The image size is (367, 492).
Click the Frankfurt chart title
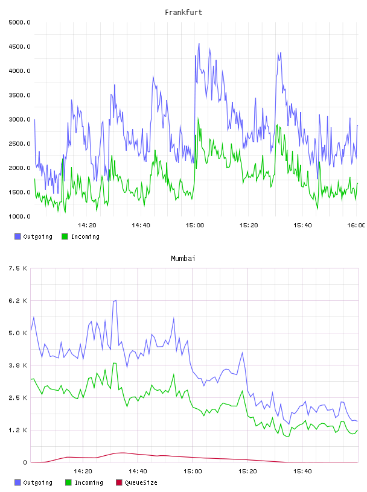pos(183,13)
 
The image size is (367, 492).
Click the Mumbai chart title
pos(183,259)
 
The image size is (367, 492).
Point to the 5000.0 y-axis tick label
pos(20,22)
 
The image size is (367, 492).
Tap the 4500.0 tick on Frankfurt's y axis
pos(20,47)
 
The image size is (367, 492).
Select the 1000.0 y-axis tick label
pos(20,216)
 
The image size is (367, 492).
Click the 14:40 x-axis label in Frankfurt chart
pos(141,225)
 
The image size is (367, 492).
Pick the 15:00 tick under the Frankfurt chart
pos(195,225)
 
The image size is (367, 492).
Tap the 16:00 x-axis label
pos(356,225)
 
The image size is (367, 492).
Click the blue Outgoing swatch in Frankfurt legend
pos(18,236)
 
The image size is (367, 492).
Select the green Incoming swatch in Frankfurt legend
pos(65,236)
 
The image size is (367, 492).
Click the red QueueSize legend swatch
pos(119,482)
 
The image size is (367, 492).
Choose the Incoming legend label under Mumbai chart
pos(89,482)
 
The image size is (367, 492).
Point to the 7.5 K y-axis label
pos(18,268)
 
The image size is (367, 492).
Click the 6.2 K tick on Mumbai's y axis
pos(18,301)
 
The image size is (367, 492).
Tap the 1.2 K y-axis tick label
pos(18,430)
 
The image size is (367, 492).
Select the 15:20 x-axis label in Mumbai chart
pos(247,471)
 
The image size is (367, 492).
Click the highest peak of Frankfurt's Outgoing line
pos(199,43)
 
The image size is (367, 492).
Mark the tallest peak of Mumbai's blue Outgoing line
pos(116,301)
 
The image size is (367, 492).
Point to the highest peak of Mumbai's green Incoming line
pos(115,363)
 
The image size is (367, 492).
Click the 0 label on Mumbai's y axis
pos(25,462)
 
